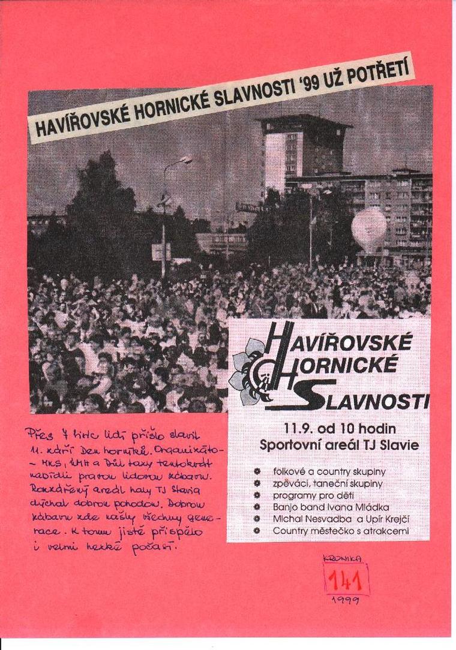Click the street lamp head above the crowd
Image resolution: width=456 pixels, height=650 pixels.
pos(185,160)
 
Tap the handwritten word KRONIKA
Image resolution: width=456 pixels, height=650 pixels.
pos(343,558)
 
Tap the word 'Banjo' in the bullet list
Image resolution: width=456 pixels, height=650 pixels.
pos(286,507)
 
